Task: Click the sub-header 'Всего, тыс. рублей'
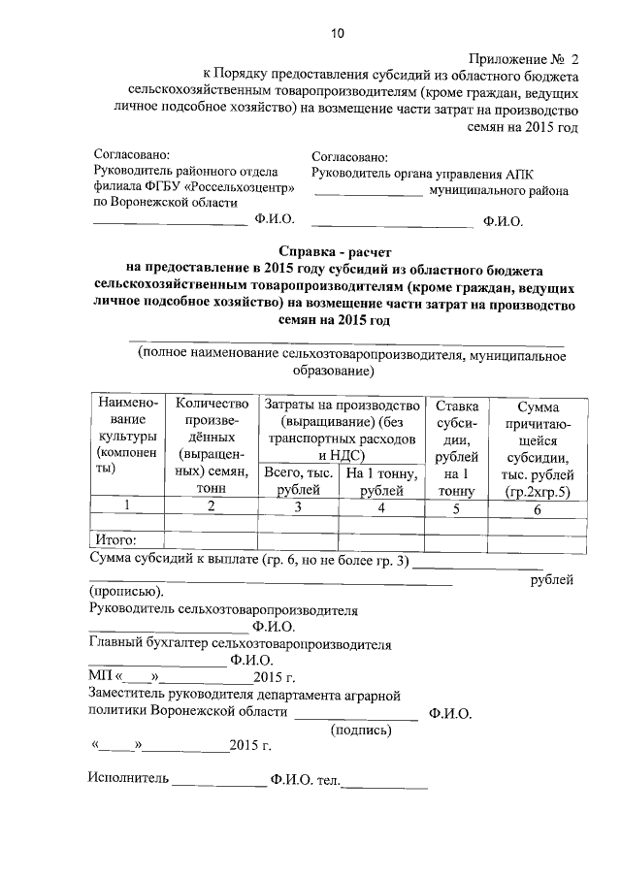coord(299,481)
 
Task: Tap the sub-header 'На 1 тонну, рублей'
coord(381,481)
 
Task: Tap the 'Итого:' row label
coord(114,540)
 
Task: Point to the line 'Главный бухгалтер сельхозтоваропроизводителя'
coord(240,643)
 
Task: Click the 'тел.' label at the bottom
coord(320,778)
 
